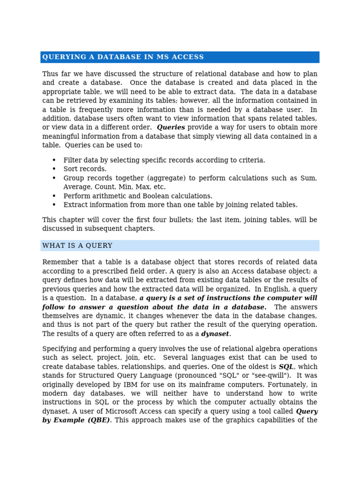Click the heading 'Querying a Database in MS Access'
tap(123, 57)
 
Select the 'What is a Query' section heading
tap(77, 246)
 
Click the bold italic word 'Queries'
tap(171, 127)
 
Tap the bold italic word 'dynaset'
tap(215, 334)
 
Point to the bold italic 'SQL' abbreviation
tap(286, 367)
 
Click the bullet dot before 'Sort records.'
tap(54, 169)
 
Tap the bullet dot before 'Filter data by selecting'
tap(54, 160)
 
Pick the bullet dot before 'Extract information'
tap(54, 205)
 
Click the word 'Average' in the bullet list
tap(76, 187)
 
